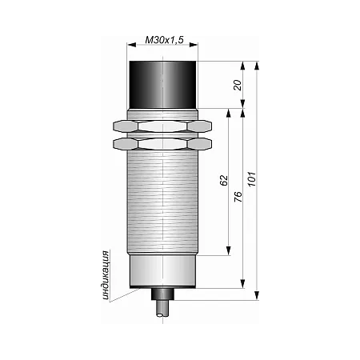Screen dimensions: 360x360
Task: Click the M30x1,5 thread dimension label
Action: click(x=164, y=40)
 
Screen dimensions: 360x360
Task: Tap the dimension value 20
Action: click(x=238, y=85)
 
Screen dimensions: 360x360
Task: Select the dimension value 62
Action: click(x=224, y=180)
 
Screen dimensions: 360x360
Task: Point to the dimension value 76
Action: click(x=238, y=197)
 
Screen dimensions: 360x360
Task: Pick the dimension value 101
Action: click(x=252, y=179)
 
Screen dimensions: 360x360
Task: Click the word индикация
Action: click(x=106, y=275)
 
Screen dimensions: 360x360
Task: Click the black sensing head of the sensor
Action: click(x=162, y=85)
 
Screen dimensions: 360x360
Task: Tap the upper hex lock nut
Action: click(x=162, y=126)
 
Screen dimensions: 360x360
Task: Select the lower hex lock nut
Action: click(x=162, y=144)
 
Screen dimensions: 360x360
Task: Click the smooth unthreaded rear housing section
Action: click(x=162, y=270)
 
